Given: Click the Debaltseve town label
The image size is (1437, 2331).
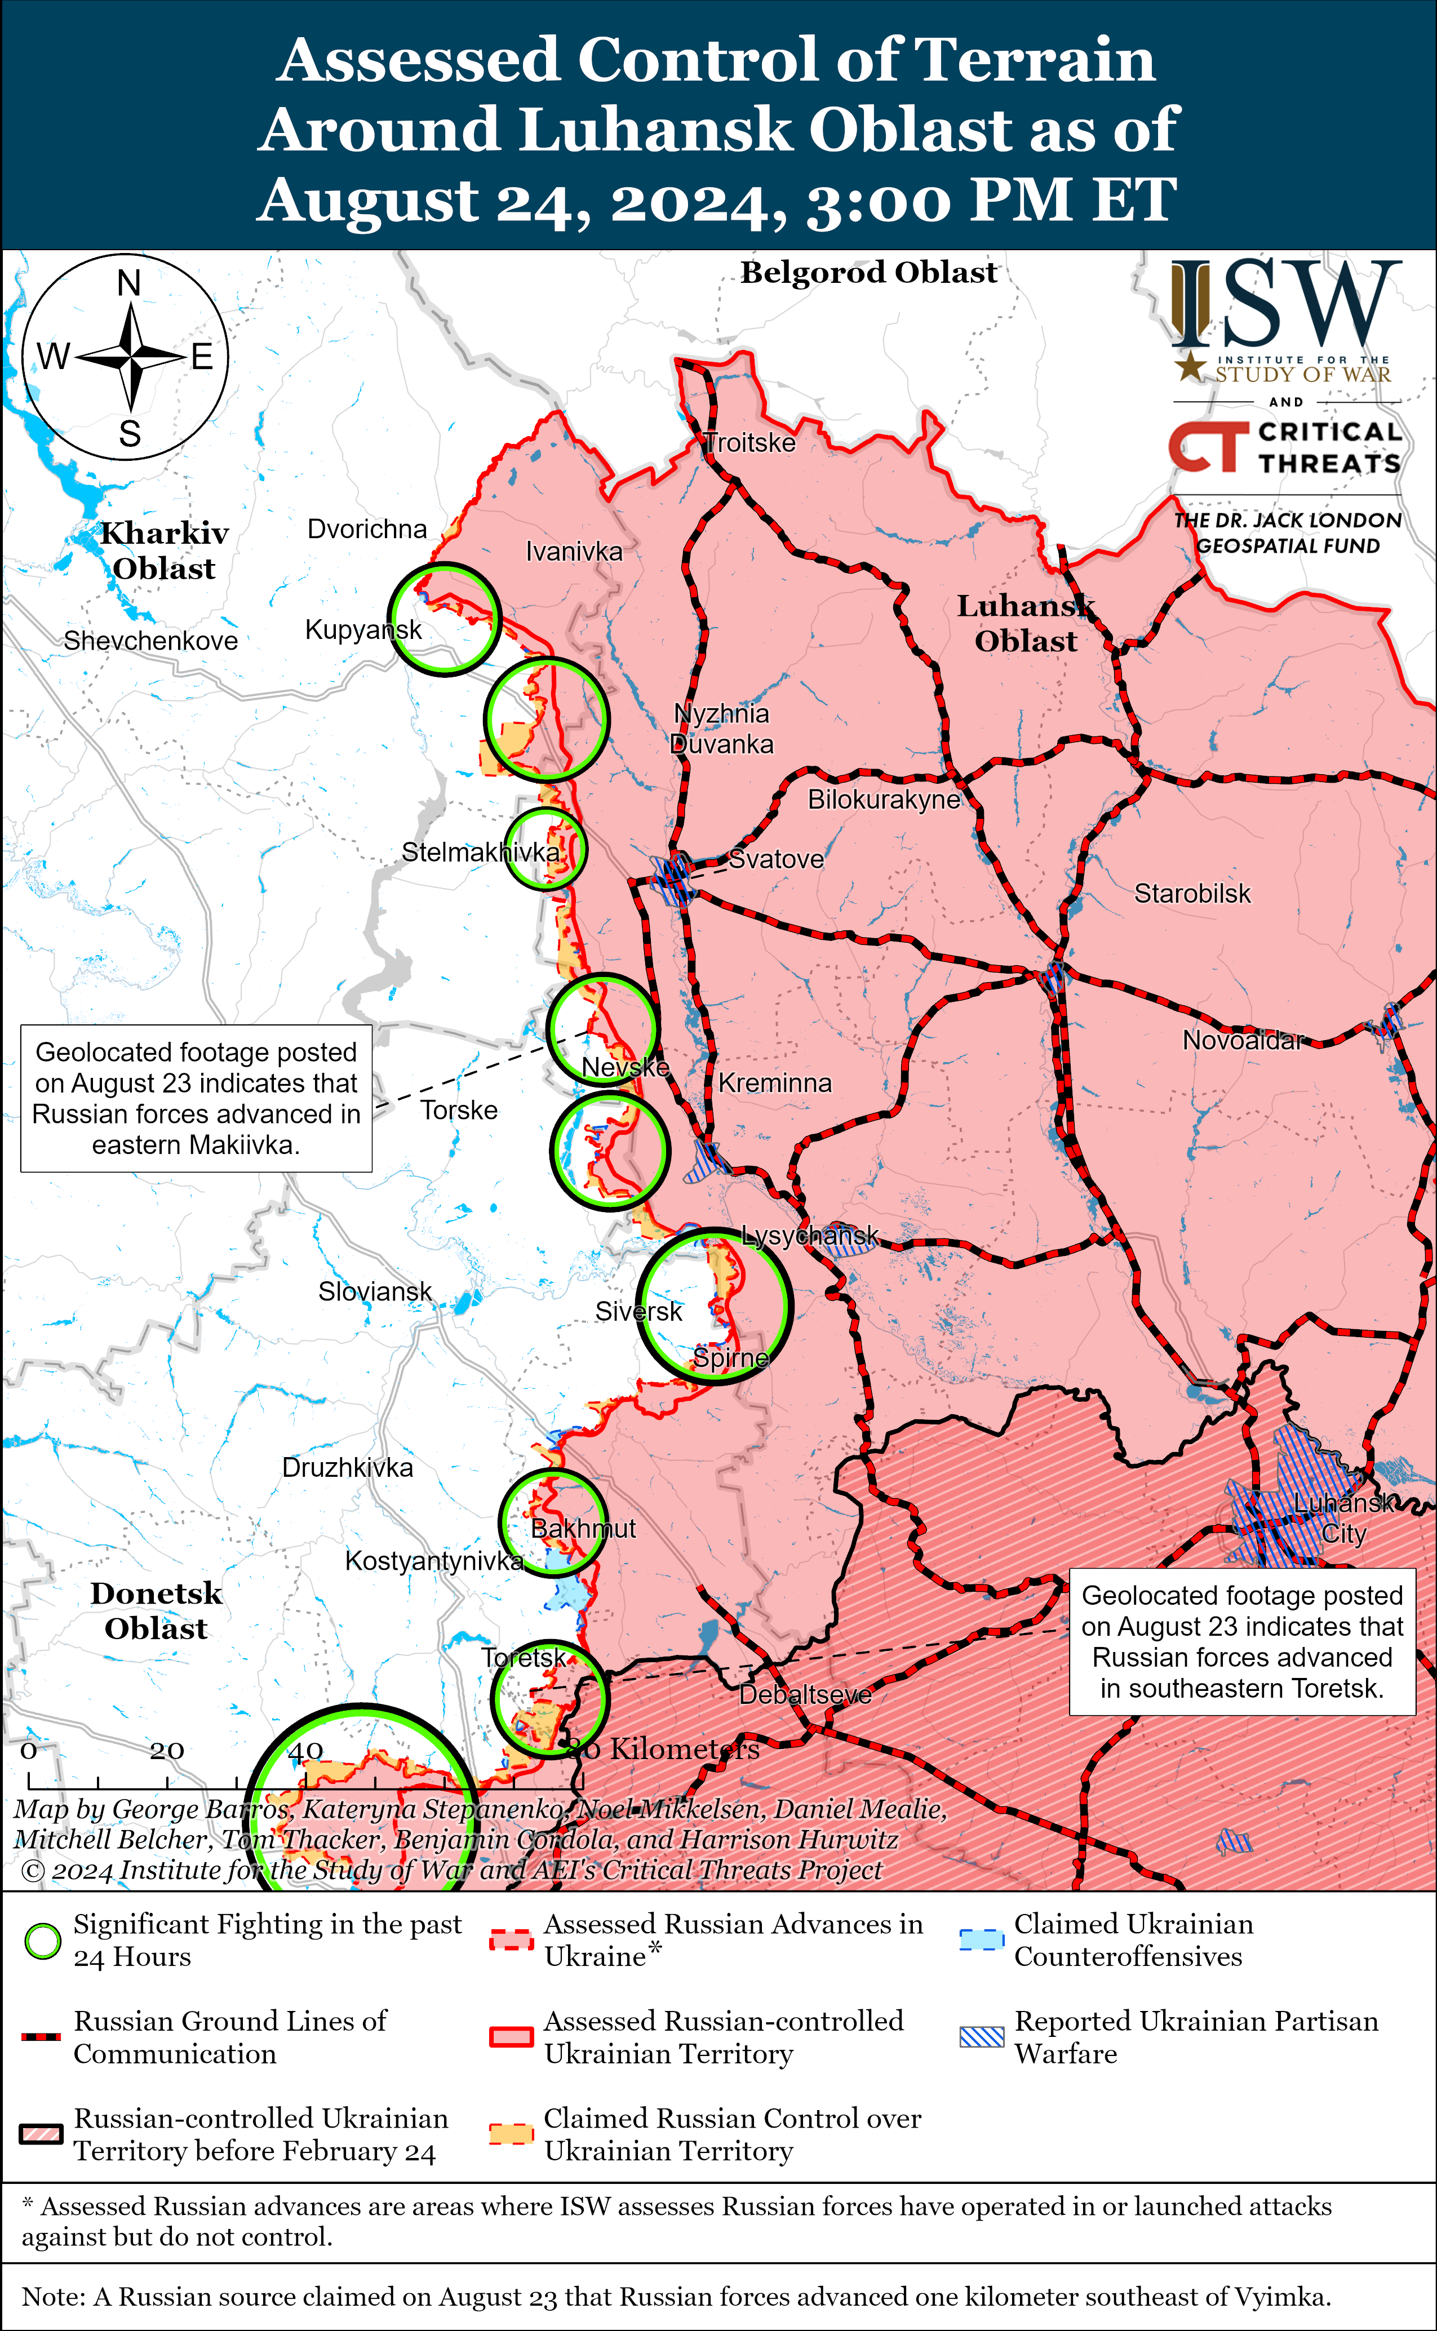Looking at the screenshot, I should [x=805, y=1694].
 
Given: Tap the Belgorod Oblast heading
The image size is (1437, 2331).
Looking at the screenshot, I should [x=868, y=273].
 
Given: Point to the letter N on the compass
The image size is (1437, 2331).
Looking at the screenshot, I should [x=129, y=283].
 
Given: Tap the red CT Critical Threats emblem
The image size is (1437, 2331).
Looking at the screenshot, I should [x=1207, y=447].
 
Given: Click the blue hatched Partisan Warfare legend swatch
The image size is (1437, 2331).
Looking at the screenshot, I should [x=981, y=2036].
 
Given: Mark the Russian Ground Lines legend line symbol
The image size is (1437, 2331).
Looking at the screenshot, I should [x=41, y=2036].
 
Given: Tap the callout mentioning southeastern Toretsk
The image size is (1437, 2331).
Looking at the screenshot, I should [x=1241, y=1641].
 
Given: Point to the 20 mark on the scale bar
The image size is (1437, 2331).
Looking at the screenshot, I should [x=166, y=1751].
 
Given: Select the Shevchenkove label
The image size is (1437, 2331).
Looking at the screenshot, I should [x=150, y=641].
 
